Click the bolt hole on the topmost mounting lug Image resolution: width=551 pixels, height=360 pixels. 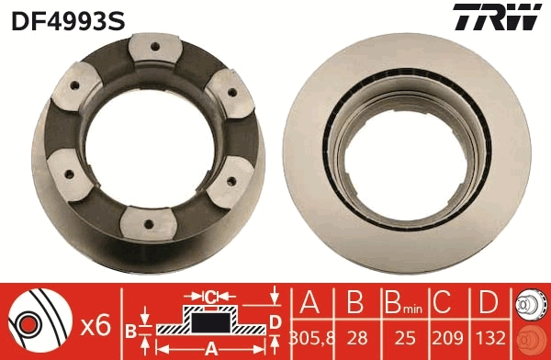point(152,48)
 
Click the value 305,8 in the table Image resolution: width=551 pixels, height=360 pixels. point(309,336)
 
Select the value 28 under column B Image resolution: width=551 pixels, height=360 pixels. point(354,336)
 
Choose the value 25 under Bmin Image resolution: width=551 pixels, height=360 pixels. point(399,336)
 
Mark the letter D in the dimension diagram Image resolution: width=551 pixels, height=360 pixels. point(275,321)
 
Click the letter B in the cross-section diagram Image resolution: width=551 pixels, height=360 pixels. point(131,329)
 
